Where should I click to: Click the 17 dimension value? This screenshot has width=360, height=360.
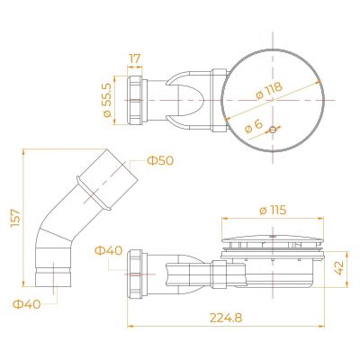point(135,58)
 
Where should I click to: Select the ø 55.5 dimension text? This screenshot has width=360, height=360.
point(107,100)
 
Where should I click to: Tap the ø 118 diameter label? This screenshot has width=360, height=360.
point(269,90)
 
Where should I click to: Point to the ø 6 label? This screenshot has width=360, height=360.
point(254,126)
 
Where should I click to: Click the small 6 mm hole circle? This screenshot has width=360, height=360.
point(273,130)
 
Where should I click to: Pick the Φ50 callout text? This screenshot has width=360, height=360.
point(160,161)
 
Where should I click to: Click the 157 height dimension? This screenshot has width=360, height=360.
point(15,218)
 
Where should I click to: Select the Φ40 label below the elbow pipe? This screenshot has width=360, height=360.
point(27,304)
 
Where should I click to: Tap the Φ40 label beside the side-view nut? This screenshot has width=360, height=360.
point(109,250)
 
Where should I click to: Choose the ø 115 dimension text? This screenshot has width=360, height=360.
point(273,211)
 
